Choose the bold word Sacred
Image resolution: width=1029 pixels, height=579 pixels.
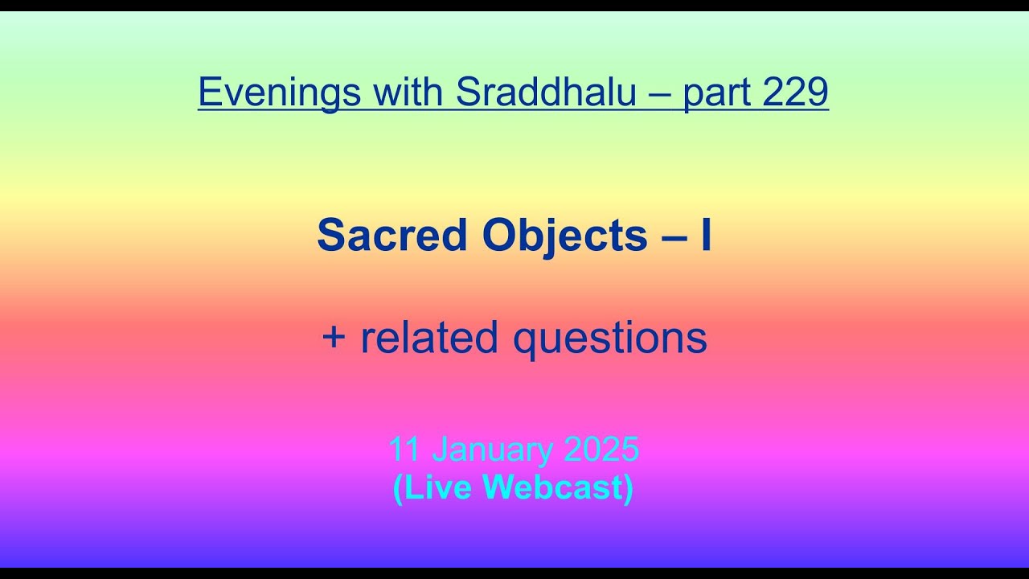[392, 236]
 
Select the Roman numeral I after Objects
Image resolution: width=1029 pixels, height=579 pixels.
[706, 236]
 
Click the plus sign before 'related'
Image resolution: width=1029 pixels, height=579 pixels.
[333, 337]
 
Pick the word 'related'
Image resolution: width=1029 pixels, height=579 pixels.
[431, 337]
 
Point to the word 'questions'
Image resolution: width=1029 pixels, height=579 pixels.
[610, 339]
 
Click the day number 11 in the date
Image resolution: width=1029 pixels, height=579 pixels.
[405, 450]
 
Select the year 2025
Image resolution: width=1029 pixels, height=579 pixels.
[601, 450]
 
